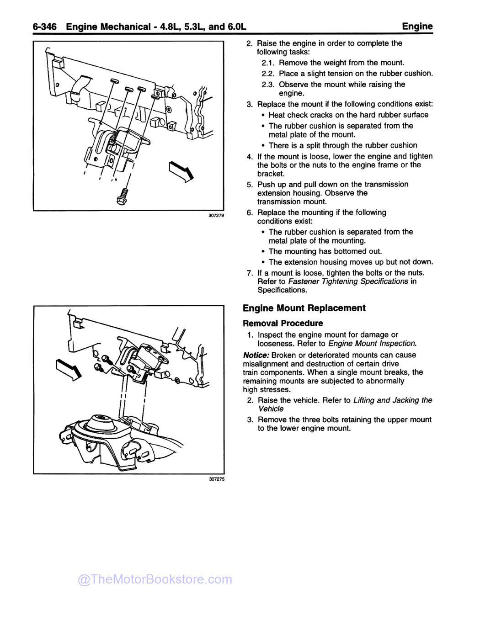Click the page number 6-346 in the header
pos(44,27)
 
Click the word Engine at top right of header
pos(417,27)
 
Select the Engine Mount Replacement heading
pos(304,308)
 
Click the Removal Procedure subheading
pos(283,323)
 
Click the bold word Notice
pos(256,355)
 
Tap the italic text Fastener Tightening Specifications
pos(348,281)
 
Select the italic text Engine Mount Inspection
pos(372,343)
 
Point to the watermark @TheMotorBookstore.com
pos(155,579)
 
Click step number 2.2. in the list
pos(268,74)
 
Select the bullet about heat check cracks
pos(348,115)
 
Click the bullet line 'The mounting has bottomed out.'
pos(325,251)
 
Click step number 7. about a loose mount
pos(250,273)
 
